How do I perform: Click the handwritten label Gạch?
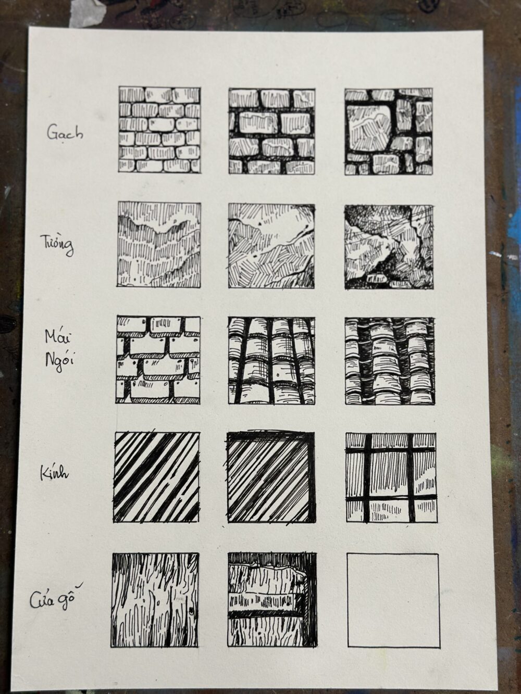[x=65, y=133]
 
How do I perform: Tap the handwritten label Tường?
[x=58, y=246]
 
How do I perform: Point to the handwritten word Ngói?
[x=60, y=361]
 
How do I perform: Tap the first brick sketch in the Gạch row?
[x=160, y=130]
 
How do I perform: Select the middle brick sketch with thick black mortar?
[x=272, y=131]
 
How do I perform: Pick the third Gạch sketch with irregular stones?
[x=389, y=132]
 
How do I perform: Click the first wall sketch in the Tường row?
[x=159, y=244]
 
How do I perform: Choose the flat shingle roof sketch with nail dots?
[x=158, y=360]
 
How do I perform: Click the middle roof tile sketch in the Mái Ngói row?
[x=271, y=361]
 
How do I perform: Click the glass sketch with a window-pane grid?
[x=391, y=478]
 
